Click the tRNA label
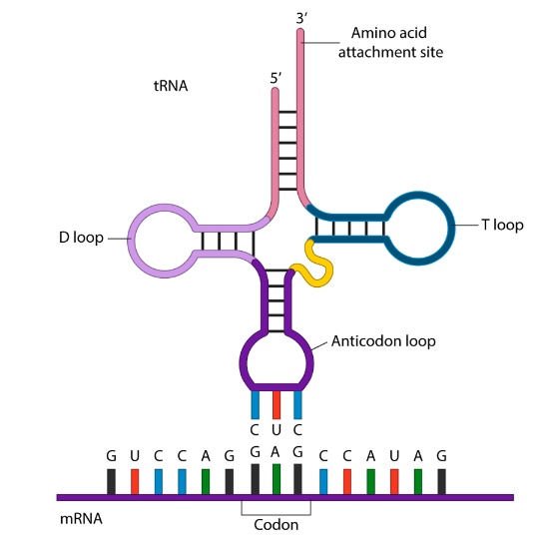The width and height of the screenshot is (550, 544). tap(171, 87)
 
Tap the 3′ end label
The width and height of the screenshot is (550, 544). tap(301, 18)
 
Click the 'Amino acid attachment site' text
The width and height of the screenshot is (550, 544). tap(389, 42)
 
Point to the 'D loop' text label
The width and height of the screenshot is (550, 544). tap(81, 240)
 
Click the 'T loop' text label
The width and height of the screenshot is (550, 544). tap(502, 226)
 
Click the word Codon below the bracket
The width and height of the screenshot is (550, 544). tap(275, 524)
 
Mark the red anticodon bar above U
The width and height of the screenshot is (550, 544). tap(276, 404)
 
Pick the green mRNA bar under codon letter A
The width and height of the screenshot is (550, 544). tap(276, 478)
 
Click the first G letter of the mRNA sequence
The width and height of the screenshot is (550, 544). tap(112, 456)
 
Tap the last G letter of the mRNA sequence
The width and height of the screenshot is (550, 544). tap(441, 456)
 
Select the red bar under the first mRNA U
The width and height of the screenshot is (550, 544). tap(135, 480)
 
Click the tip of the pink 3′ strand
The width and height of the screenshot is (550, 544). tap(300, 34)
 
